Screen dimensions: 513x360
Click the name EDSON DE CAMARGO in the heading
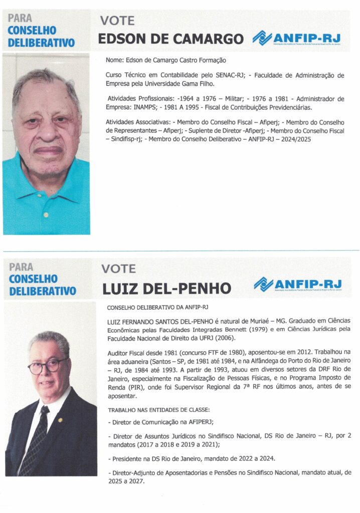(170, 39)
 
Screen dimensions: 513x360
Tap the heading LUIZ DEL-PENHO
(166, 289)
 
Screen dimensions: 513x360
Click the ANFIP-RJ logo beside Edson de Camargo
(297, 38)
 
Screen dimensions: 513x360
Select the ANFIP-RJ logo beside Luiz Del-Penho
(298, 285)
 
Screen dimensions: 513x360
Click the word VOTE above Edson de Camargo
(117, 21)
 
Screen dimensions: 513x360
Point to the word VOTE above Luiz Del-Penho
(118, 269)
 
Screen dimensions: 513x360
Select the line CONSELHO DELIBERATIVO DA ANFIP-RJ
(158, 307)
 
